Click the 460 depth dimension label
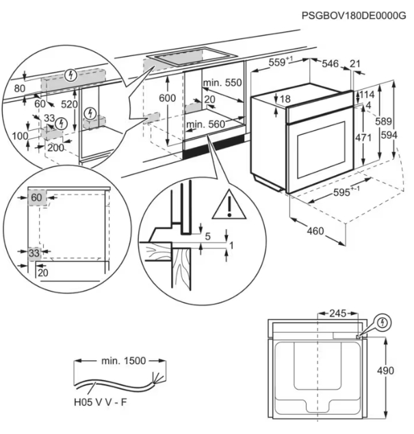(315, 231)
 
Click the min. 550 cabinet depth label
(223, 83)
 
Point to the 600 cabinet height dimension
(168, 97)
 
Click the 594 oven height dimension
(389, 136)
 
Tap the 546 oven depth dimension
(331, 64)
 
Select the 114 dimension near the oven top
(368, 94)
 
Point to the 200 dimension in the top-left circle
(55, 147)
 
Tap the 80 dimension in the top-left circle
(18, 88)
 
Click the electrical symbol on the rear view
(383, 321)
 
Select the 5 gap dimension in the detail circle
(208, 237)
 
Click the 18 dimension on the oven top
(285, 100)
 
